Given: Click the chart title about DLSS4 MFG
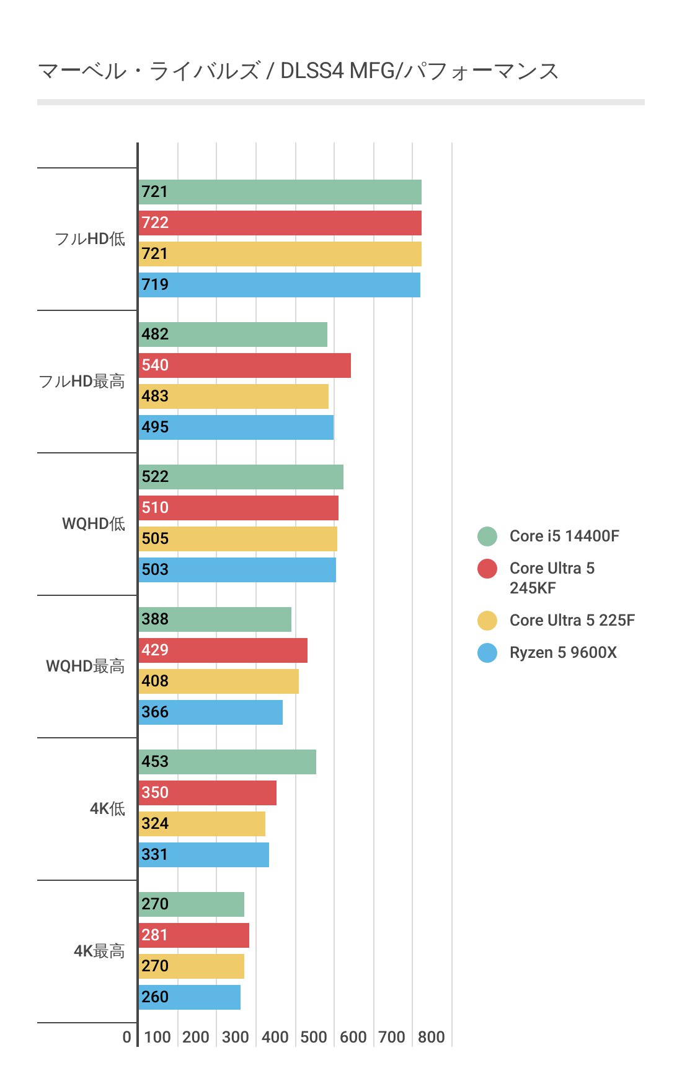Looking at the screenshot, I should click(298, 71).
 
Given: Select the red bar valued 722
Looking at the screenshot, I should click(280, 223).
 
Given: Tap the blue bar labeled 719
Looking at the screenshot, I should click(279, 285).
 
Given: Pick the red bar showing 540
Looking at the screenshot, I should click(244, 365).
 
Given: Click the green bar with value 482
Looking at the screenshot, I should click(232, 335).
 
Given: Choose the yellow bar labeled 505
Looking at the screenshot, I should click(237, 539).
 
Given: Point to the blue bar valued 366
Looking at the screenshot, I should click(210, 712).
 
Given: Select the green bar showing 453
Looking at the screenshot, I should click(227, 762).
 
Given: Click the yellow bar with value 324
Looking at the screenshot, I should click(201, 824).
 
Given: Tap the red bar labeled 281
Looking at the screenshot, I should click(193, 935).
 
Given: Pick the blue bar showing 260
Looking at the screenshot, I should click(189, 997).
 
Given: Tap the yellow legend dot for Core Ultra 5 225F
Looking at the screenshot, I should click(487, 620).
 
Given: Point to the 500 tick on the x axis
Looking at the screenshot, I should click(314, 1037).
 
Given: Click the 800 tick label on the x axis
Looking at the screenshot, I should click(432, 1037).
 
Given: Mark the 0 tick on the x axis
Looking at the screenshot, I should click(127, 1037).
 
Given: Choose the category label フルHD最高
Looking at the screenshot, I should click(82, 381).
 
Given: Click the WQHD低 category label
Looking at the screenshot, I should click(94, 523).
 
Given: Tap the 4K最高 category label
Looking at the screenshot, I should click(99, 951).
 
